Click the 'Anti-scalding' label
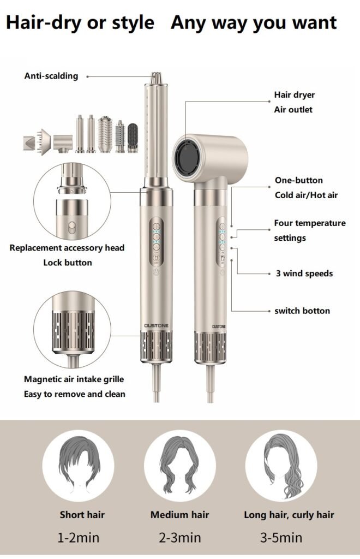tap(51, 76)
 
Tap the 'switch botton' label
tap(302, 311)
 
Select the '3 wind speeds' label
tap(304, 273)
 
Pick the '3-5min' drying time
tap(281, 537)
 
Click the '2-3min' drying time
tap(179, 537)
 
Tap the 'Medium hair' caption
tap(179, 514)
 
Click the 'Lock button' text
tap(67, 262)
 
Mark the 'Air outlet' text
tap(293, 109)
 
